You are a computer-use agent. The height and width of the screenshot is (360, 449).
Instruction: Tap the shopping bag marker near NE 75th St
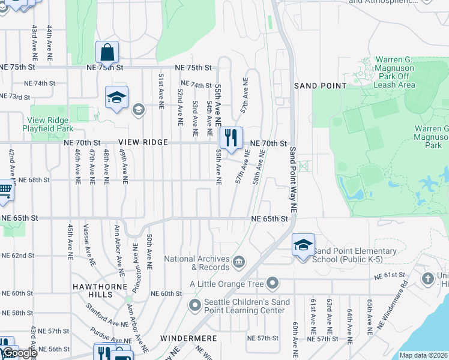click(x=107, y=52)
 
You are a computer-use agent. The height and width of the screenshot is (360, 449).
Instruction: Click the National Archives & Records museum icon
click(x=239, y=260)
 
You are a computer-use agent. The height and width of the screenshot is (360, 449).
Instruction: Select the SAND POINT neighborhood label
click(x=320, y=86)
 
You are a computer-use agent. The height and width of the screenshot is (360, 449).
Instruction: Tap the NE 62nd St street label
click(x=18, y=256)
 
